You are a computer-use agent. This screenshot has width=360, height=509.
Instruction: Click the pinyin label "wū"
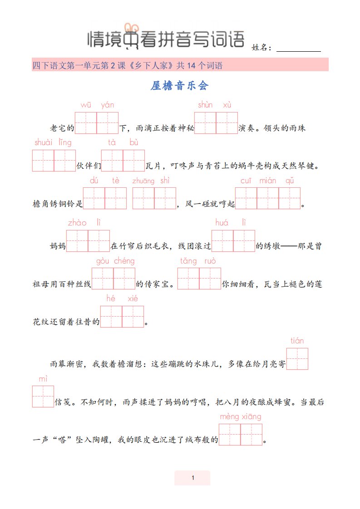86,105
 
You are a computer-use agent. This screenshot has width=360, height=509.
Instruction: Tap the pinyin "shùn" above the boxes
205,104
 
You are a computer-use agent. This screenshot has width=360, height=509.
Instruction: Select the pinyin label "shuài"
44,142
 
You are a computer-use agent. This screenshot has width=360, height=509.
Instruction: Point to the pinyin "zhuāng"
143,181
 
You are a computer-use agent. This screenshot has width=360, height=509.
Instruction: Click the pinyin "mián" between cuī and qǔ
268,181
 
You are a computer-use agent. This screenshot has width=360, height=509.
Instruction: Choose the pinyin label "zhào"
77,223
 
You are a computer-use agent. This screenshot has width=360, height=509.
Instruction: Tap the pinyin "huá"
222,223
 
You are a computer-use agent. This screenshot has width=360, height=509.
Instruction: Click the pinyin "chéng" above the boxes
124,261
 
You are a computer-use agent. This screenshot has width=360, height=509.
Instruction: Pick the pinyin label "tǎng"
188,261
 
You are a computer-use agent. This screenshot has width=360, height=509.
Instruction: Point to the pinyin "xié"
133,299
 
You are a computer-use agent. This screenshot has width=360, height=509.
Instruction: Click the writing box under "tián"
297,359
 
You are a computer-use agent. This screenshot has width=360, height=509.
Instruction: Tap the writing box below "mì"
43,396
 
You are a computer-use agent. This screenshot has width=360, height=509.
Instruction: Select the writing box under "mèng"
230,434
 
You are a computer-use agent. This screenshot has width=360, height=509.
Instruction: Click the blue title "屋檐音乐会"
179,86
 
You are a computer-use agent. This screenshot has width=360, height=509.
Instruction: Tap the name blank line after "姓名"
299,51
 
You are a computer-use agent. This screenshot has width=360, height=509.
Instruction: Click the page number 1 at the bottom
193,478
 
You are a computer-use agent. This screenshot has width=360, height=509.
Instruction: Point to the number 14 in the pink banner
192,66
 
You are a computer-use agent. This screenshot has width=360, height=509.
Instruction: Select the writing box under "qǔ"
290,198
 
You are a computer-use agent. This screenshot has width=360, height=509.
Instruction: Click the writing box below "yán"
108,123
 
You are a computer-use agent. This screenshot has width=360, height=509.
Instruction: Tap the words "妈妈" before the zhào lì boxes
58,246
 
